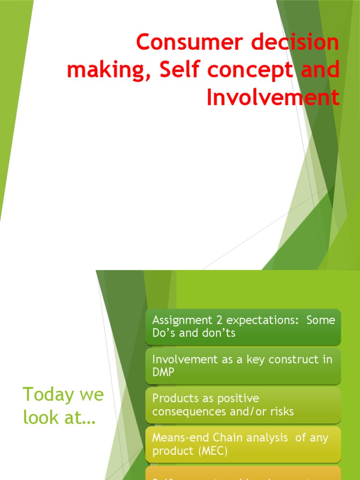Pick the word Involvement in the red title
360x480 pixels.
273,97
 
